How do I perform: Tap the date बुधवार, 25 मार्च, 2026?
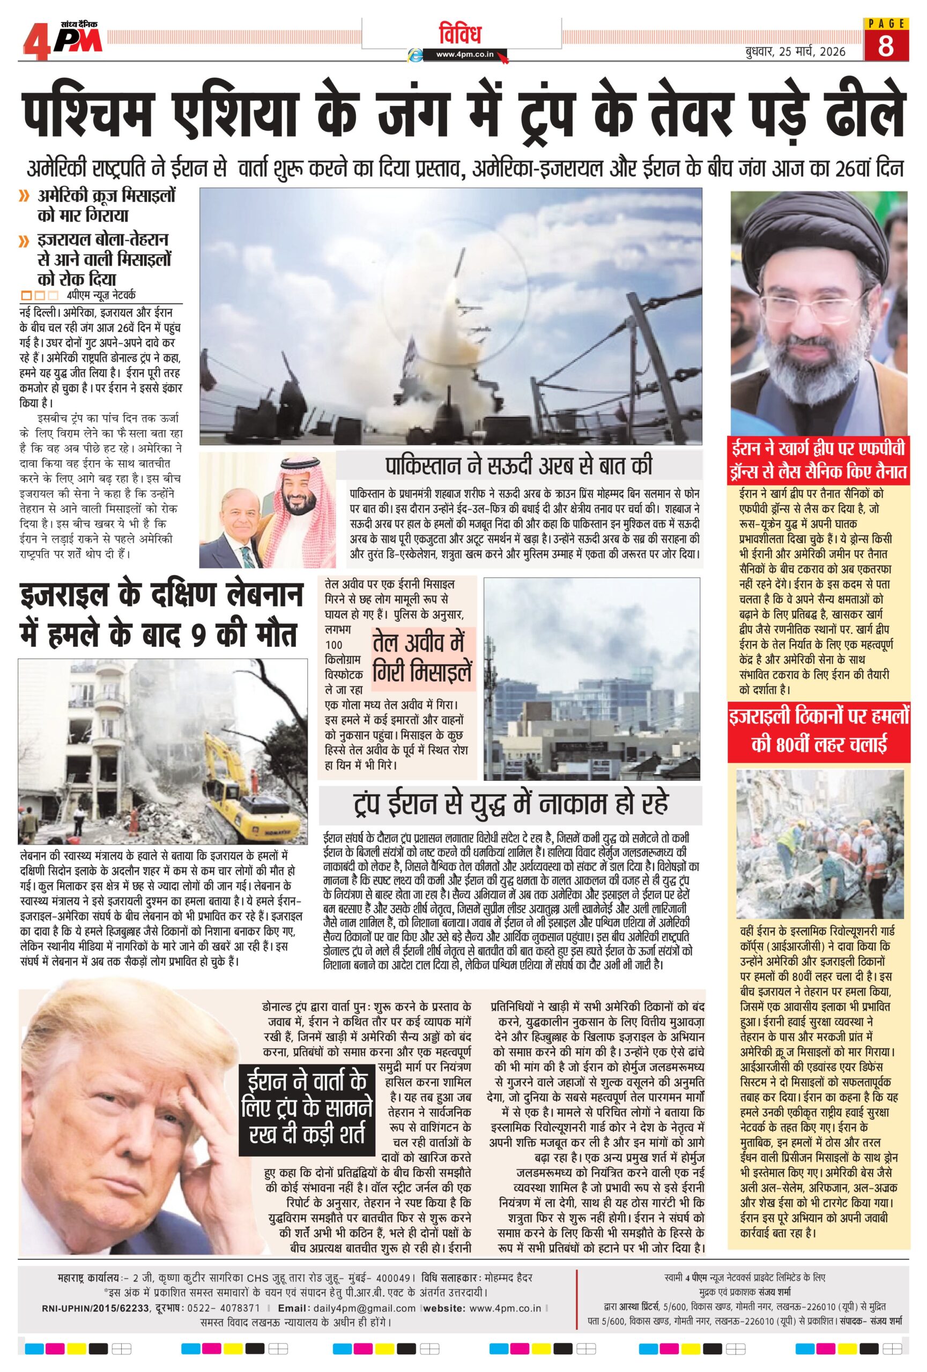pyautogui.click(x=794, y=51)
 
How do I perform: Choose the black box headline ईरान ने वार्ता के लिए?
pyautogui.click(x=307, y=1110)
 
